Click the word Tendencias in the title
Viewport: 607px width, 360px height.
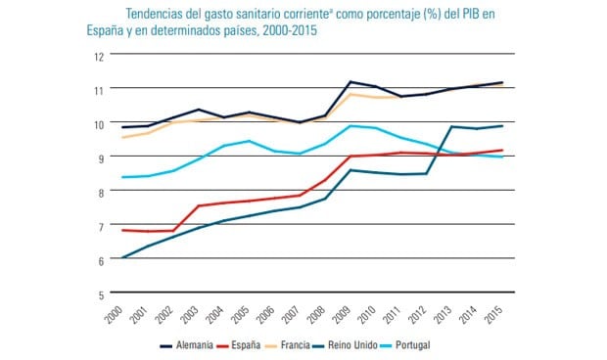[x=157, y=13]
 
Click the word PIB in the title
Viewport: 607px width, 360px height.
[x=457, y=13]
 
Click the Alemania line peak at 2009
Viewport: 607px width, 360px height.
[x=350, y=82]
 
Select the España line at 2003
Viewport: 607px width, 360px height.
[x=199, y=206]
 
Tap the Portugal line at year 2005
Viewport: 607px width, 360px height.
[x=250, y=141]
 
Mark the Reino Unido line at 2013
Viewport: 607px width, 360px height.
[x=451, y=126]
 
